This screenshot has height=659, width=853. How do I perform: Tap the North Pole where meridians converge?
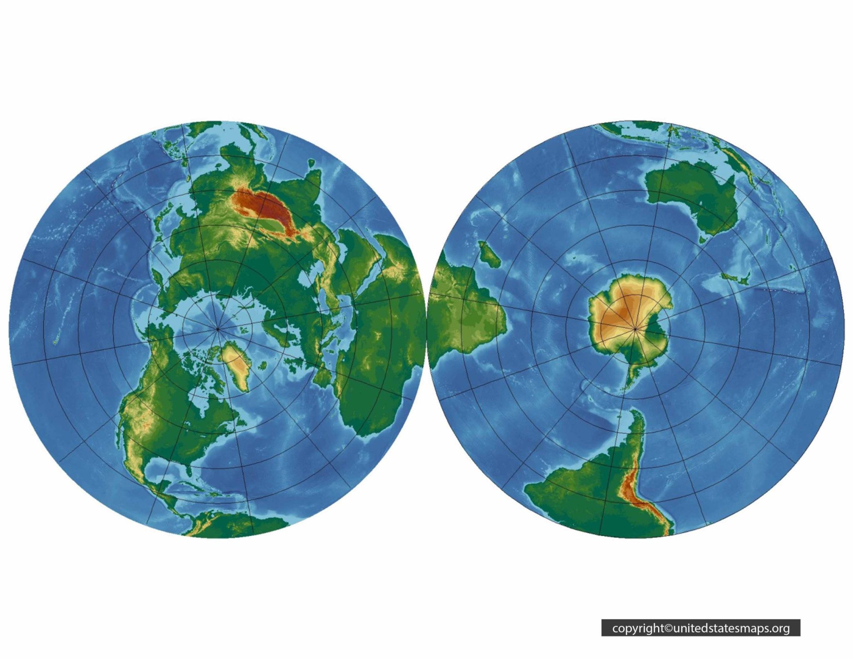point(217,329)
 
